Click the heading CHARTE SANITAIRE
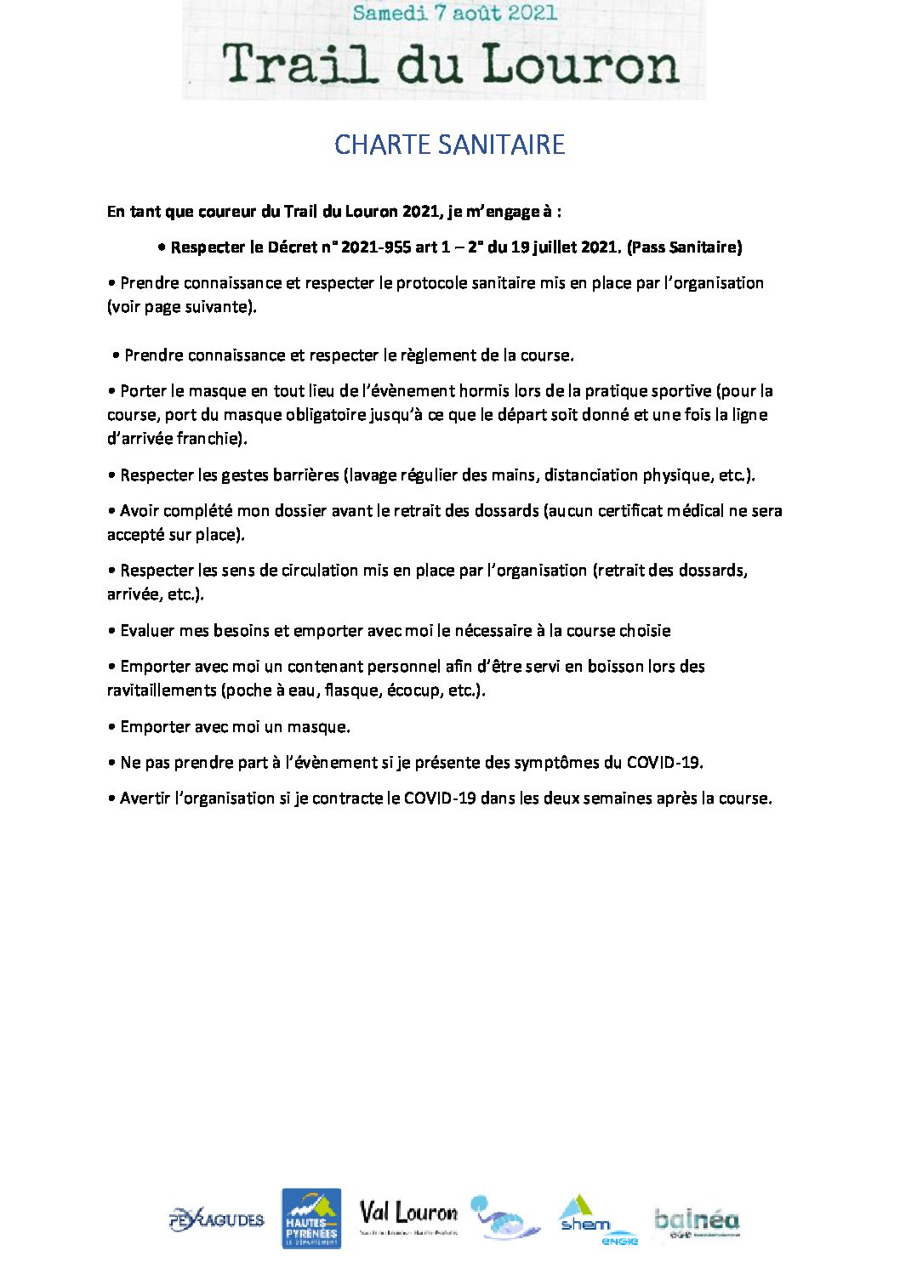(x=449, y=145)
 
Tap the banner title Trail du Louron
(x=451, y=65)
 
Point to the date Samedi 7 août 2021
(x=454, y=13)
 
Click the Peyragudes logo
(x=217, y=1219)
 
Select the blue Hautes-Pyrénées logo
(x=311, y=1218)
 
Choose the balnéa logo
(x=697, y=1221)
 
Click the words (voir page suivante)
(x=181, y=307)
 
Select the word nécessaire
(x=493, y=631)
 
